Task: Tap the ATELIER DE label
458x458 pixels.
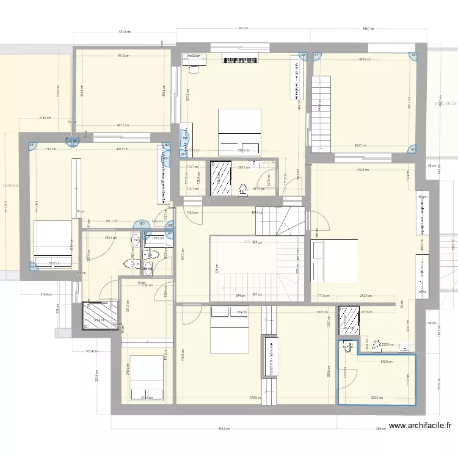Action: click(445, 103)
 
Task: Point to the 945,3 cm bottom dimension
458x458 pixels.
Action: click(223, 429)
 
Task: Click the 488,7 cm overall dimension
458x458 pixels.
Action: click(368, 29)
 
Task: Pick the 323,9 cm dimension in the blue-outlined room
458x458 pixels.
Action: click(376, 398)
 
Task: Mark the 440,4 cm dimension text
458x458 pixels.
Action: click(364, 170)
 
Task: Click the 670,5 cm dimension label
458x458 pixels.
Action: click(255, 398)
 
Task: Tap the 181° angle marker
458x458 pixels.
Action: click(142, 224)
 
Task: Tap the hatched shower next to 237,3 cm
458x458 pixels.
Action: click(349, 319)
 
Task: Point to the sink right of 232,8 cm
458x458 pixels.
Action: click(404, 348)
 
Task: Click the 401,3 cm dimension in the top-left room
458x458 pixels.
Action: click(123, 56)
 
